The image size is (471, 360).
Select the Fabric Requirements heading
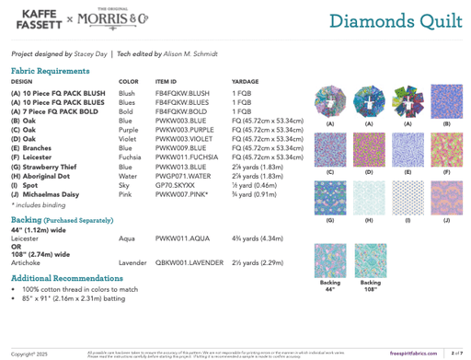click(51, 71)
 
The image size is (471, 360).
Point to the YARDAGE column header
click(246, 82)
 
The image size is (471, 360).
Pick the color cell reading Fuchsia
click(132, 157)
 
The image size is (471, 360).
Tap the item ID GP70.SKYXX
click(174, 185)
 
